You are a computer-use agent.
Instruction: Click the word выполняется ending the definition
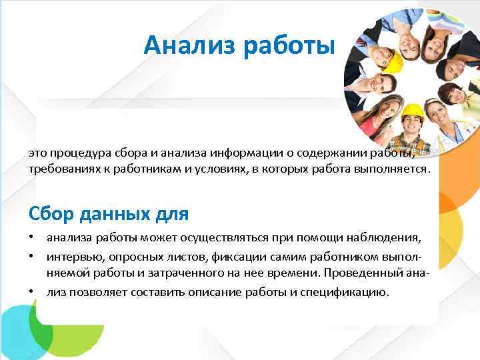(393, 169)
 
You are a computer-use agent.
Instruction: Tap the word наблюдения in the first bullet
(391, 238)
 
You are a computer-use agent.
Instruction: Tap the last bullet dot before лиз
(32, 291)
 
